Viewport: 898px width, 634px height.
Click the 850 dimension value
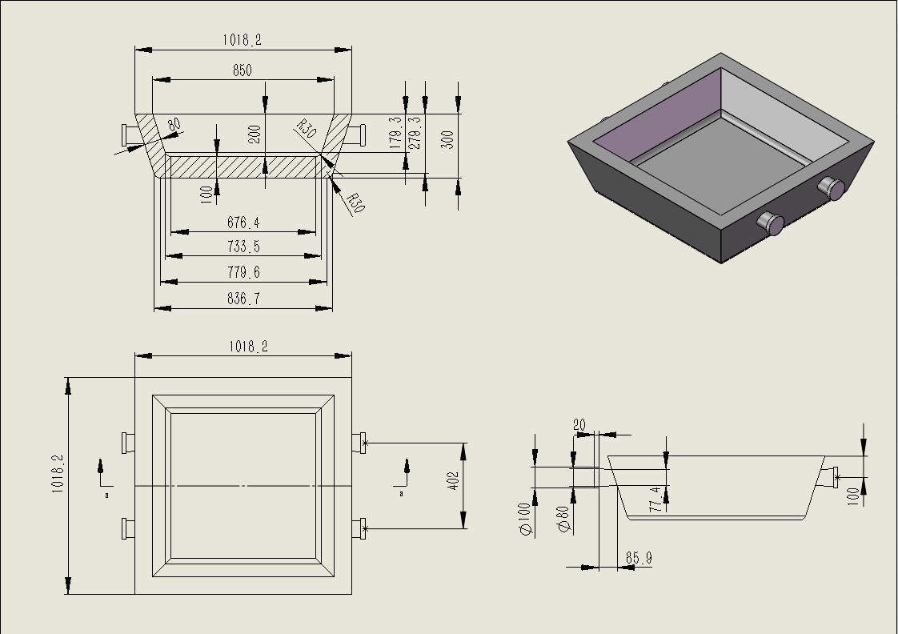click(x=242, y=70)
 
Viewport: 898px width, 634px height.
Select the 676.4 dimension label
click(x=243, y=223)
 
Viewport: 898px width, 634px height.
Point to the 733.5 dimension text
click(x=243, y=247)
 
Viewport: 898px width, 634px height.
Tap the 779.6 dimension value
click(x=243, y=272)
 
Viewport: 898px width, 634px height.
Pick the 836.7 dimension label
click(x=243, y=299)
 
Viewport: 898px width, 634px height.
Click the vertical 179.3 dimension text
click(x=395, y=133)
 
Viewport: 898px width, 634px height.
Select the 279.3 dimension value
click(x=414, y=133)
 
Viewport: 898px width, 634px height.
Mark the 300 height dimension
click(x=447, y=139)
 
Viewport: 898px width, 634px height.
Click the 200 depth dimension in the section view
click(x=255, y=134)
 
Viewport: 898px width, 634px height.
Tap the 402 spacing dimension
click(x=454, y=481)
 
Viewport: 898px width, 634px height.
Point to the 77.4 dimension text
click(x=655, y=498)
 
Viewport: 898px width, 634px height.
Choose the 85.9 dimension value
click(x=638, y=557)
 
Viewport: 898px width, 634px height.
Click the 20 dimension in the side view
click(x=579, y=425)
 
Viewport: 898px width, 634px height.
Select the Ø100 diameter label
click(x=525, y=519)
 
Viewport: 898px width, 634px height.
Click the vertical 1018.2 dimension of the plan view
click(x=58, y=474)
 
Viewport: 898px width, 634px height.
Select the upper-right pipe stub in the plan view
click(x=359, y=442)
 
